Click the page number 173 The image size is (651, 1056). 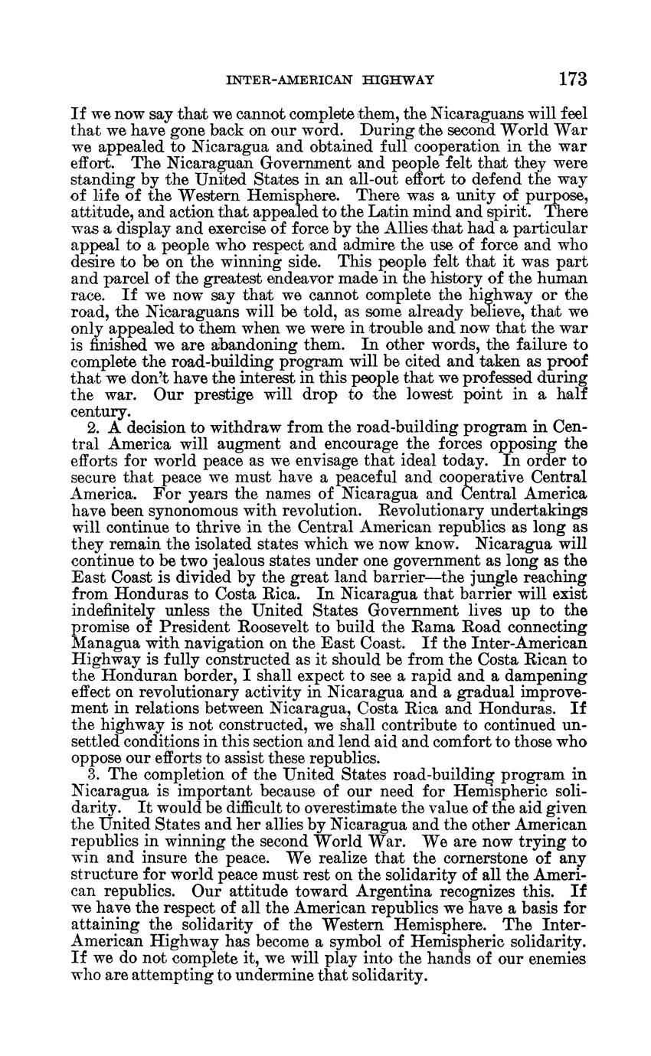[x=572, y=78]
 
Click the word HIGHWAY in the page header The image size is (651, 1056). [x=399, y=79]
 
